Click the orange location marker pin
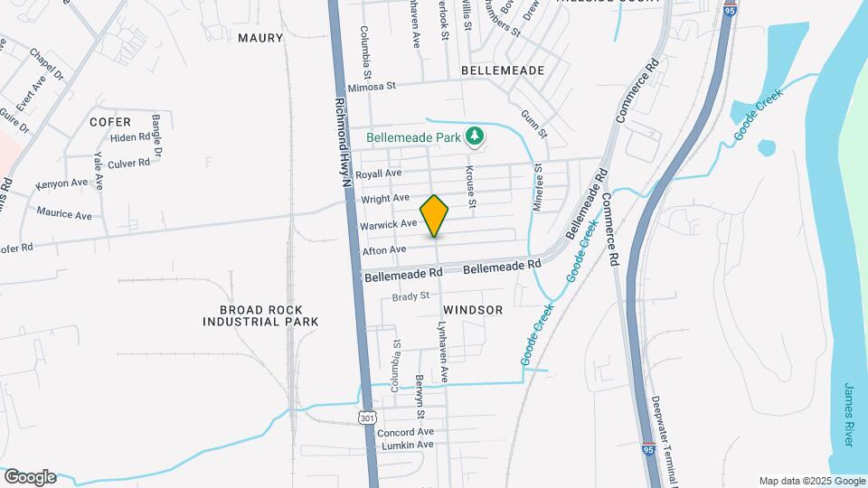point(435,215)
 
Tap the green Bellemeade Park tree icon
point(474,136)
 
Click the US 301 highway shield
point(366,418)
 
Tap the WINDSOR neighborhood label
point(473,310)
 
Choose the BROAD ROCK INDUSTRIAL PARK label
point(260,315)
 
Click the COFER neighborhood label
point(110,121)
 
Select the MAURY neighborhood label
point(260,38)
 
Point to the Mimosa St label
point(373,86)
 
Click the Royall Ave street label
point(378,174)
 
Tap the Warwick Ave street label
point(389,223)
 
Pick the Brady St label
point(410,296)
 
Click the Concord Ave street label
point(406,432)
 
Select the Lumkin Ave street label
point(406,445)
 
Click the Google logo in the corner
point(29,477)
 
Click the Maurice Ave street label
point(64,215)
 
